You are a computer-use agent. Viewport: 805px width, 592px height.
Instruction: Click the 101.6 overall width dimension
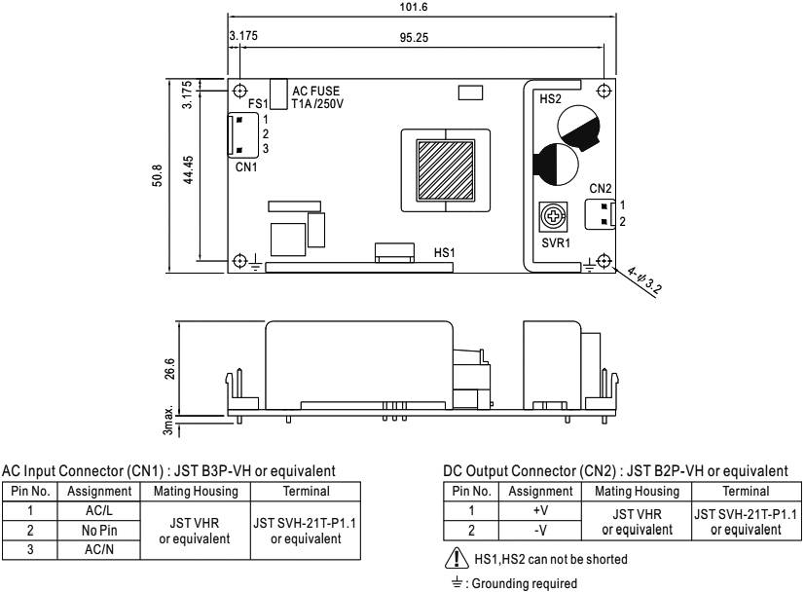point(421,7)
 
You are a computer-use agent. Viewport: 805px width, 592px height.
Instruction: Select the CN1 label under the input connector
point(247,166)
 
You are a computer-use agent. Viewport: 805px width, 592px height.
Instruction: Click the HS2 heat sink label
point(551,98)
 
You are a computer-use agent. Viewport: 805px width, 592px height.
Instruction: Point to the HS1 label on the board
point(444,251)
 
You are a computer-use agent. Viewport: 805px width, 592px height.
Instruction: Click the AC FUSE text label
point(316,91)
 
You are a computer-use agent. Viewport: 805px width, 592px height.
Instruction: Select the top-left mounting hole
point(240,91)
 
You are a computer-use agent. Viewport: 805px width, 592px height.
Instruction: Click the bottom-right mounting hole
point(604,260)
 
